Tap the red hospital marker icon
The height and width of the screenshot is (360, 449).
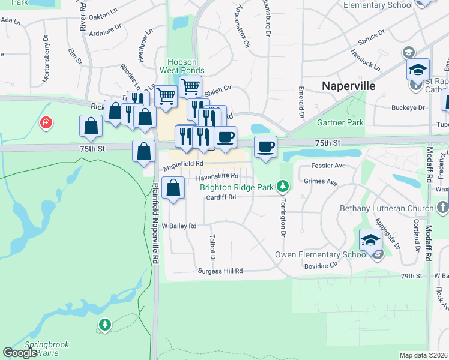coord(46,124)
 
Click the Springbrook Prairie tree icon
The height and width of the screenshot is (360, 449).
coord(105,325)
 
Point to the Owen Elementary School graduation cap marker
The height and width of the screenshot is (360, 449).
coord(370,241)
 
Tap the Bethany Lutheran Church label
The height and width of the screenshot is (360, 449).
coord(378,208)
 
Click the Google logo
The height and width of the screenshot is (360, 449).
coord(20,353)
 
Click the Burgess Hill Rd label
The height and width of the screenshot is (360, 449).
coord(220,271)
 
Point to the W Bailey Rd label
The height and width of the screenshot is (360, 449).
coord(179,226)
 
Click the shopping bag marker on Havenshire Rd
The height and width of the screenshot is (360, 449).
coord(173,188)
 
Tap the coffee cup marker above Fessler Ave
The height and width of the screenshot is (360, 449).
coord(265,146)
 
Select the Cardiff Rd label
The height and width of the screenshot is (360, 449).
coord(220,197)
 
